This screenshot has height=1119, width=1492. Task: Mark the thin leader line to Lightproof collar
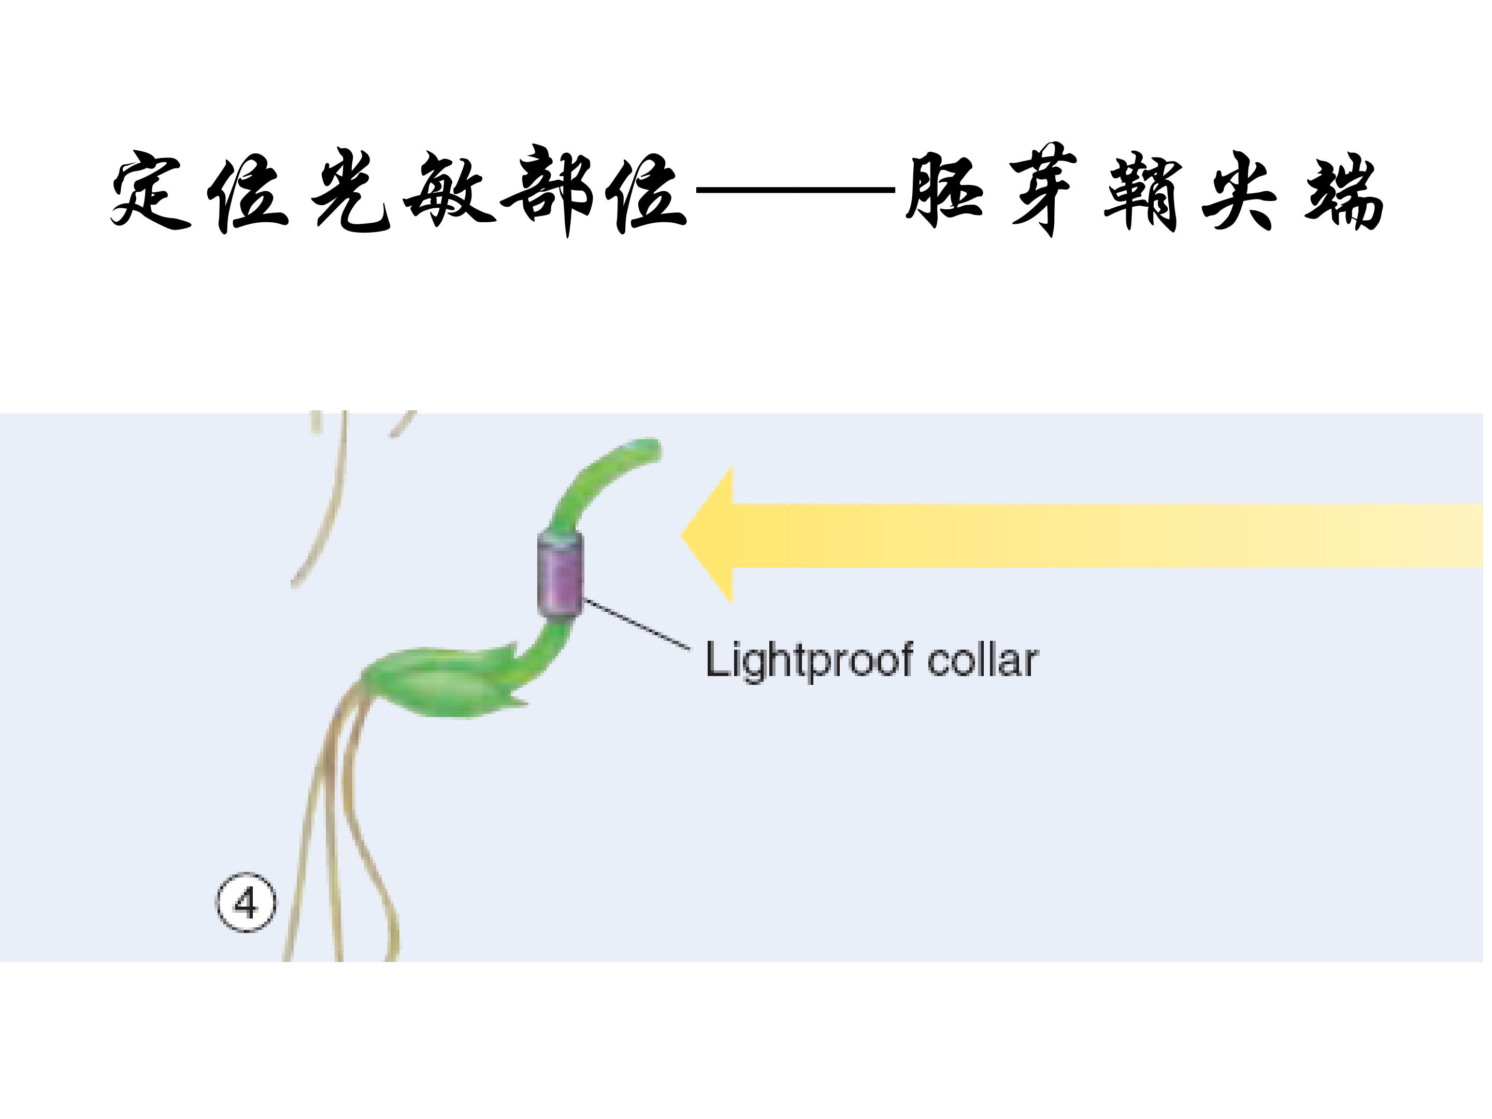coord(637,624)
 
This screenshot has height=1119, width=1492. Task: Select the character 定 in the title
coord(150,191)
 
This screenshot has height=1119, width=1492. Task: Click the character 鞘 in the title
coord(1143,191)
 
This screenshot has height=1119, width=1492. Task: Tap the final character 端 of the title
coord(1342,191)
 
